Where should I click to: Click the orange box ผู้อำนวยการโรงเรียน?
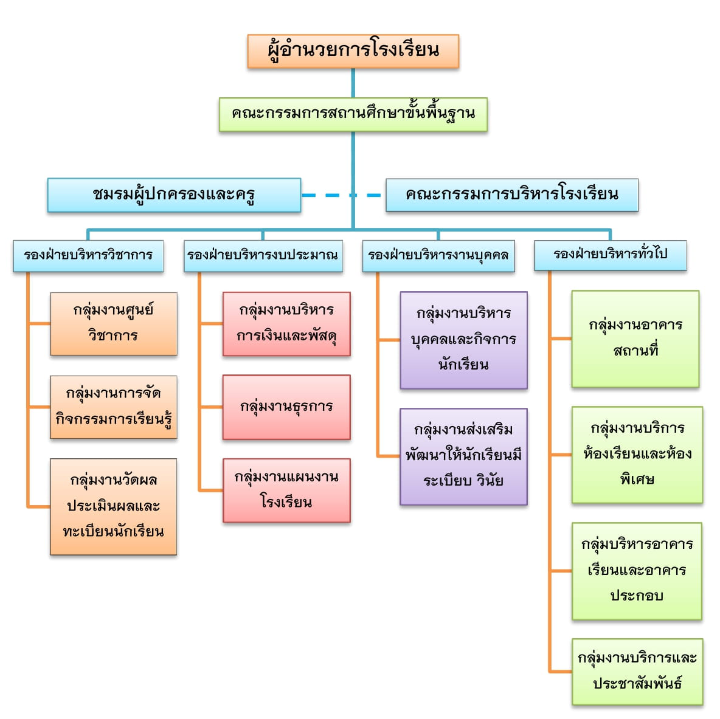click(353, 52)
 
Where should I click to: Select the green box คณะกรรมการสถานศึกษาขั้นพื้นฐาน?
click(353, 114)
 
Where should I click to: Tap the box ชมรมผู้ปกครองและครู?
click(174, 195)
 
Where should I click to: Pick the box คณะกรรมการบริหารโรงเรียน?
click(512, 195)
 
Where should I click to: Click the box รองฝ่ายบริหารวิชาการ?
click(88, 256)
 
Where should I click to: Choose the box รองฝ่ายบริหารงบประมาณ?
click(263, 256)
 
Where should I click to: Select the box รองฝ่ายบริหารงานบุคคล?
click(438, 256)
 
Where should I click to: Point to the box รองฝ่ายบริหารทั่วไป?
click(611, 255)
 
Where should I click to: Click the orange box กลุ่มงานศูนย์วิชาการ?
click(114, 324)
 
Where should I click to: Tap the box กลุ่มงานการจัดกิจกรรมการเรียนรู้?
click(114, 407)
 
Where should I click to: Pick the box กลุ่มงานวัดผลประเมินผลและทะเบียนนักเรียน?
click(114, 506)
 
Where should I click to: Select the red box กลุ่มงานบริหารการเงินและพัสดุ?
click(286, 324)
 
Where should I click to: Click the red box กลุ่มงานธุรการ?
click(286, 407)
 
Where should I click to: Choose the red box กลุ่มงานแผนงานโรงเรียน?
click(286, 490)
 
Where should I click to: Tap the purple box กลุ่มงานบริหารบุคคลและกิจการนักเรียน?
click(464, 340)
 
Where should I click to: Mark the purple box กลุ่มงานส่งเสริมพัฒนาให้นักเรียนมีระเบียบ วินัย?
click(464, 456)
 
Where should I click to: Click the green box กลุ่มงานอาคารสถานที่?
click(635, 339)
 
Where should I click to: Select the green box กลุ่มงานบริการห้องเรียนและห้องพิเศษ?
click(637, 455)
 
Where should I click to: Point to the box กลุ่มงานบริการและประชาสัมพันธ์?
click(637, 672)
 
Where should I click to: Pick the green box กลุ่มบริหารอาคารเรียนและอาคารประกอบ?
click(637, 571)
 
